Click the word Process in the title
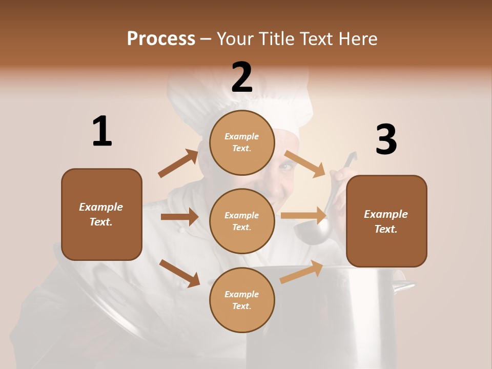(161, 38)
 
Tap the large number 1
(102, 131)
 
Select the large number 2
(242, 77)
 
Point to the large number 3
(386, 139)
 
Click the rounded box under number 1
(101, 214)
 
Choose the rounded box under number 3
(386, 221)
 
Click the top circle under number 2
(242, 142)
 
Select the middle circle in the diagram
(242, 221)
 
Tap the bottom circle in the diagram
(242, 300)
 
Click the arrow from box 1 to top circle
(178, 163)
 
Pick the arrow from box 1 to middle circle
(179, 217)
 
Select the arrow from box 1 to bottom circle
(179, 273)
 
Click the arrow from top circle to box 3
(305, 163)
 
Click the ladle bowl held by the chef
(313, 233)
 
